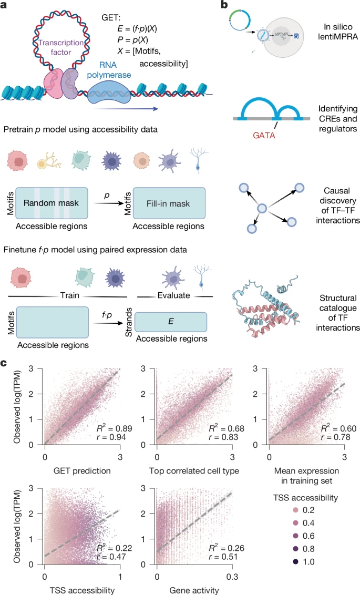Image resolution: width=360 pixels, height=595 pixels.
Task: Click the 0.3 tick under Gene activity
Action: [x=231, y=575]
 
